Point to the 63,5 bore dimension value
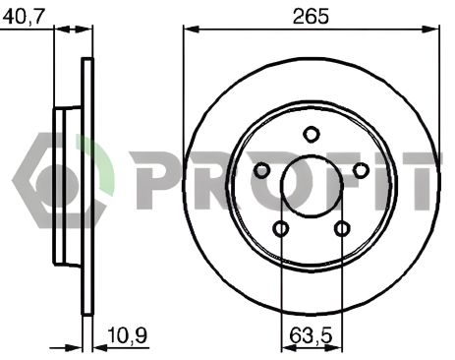coord(311,337)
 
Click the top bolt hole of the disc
coord(311,135)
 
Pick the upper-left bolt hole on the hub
coord(261,171)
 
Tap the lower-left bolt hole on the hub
coord(280,229)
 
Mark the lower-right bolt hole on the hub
coord(341,229)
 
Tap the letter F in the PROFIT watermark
coord(339,183)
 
